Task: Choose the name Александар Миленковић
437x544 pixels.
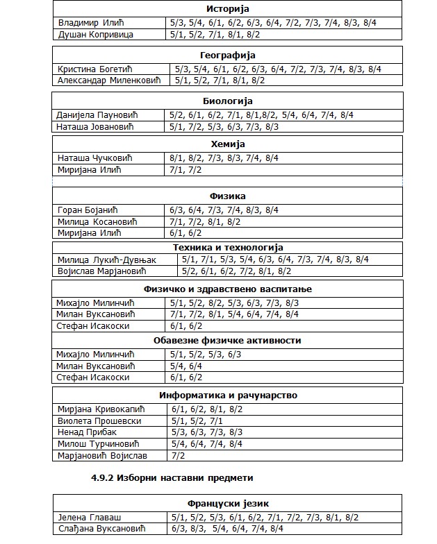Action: tap(108, 80)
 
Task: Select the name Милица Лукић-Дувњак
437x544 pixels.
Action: tap(106, 260)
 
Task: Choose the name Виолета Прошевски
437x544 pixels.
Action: tap(99, 421)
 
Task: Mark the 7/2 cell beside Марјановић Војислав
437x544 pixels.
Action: tap(178, 456)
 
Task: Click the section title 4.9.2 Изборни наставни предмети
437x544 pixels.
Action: tap(172, 478)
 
